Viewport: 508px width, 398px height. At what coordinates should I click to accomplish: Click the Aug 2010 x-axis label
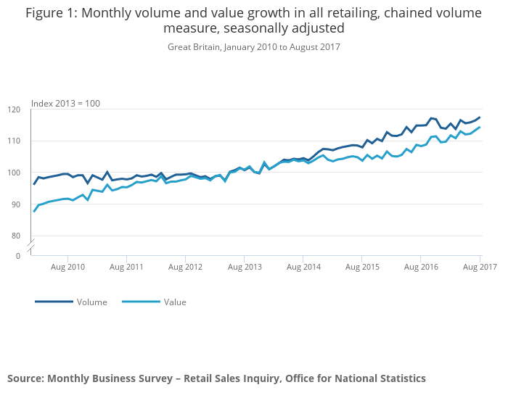point(67,268)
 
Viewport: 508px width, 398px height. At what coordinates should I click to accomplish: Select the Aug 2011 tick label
point(126,268)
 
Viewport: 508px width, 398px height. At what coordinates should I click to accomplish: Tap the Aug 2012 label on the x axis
point(186,268)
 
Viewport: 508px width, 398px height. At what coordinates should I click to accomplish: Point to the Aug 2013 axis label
point(245,268)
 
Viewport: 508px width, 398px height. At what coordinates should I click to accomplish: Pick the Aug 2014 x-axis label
point(303,268)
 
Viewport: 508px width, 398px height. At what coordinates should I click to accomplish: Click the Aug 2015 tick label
point(362,268)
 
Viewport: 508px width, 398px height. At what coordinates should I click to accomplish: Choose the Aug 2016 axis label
point(421,268)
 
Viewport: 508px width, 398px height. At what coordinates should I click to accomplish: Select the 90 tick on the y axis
point(15,204)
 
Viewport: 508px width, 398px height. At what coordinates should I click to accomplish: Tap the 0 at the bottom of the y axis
point(17,256)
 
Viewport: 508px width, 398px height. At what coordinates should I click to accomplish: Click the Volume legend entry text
point(92,302)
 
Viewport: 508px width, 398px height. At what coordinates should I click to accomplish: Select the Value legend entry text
point(175,302)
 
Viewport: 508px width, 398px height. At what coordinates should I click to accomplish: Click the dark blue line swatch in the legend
point(54,302)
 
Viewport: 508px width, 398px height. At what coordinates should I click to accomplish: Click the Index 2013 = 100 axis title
point(65,103)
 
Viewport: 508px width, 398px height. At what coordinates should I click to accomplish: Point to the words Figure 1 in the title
point(52,13)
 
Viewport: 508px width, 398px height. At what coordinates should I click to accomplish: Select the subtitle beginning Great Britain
point(253,47)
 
